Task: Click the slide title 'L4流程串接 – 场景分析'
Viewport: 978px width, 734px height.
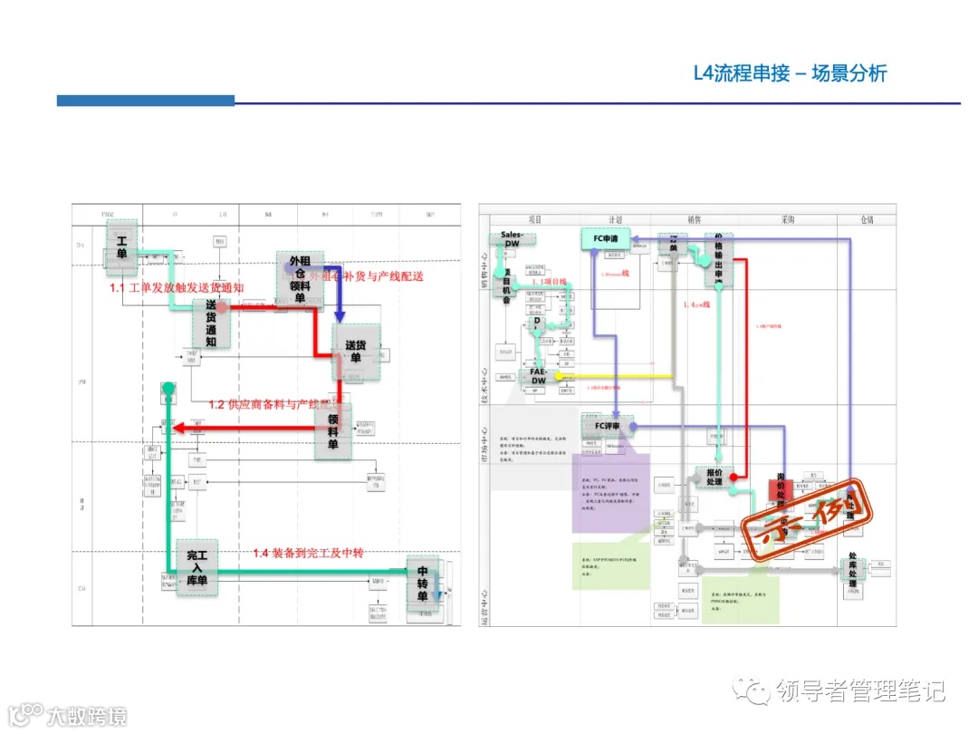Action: point(789,73)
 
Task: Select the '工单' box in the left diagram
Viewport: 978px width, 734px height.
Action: point(121,246)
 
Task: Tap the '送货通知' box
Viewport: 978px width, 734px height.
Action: point(211,324)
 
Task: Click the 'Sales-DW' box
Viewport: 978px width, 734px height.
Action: point(512,240)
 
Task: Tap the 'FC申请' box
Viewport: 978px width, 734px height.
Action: point(604,239)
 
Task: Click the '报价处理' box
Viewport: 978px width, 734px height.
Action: point(714,476)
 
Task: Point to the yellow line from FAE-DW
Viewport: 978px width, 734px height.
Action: point(616,376)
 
